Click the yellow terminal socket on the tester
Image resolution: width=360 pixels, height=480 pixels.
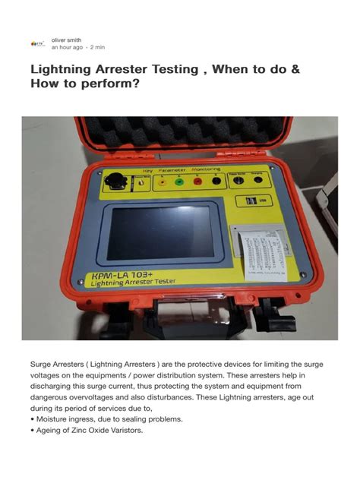(x=161, y=182)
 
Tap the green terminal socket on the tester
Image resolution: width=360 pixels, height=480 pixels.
(x=179, y=182)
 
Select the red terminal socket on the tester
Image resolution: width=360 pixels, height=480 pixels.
(x=197, y=182)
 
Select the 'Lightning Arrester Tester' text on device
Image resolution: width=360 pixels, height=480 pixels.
(x=136, y=283)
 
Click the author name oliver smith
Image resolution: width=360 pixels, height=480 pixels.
(x=66, y=39)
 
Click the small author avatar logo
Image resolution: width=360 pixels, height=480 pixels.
(x=36, y=44)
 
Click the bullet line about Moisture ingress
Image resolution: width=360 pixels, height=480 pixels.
(x=94, y=418)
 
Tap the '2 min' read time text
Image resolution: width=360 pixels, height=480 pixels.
(x=97, y=48)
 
